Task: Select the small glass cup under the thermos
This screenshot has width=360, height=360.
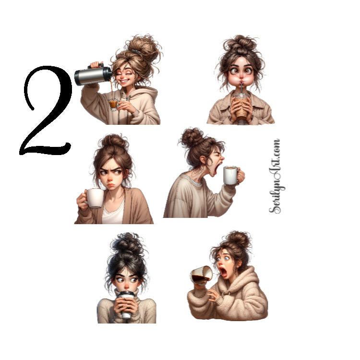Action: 113,104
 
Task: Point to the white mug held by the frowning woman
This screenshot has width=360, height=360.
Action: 95,198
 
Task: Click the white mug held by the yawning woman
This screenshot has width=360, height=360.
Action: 231,175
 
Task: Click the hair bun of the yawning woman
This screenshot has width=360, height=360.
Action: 192,137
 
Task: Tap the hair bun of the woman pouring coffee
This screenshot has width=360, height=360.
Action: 144,48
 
